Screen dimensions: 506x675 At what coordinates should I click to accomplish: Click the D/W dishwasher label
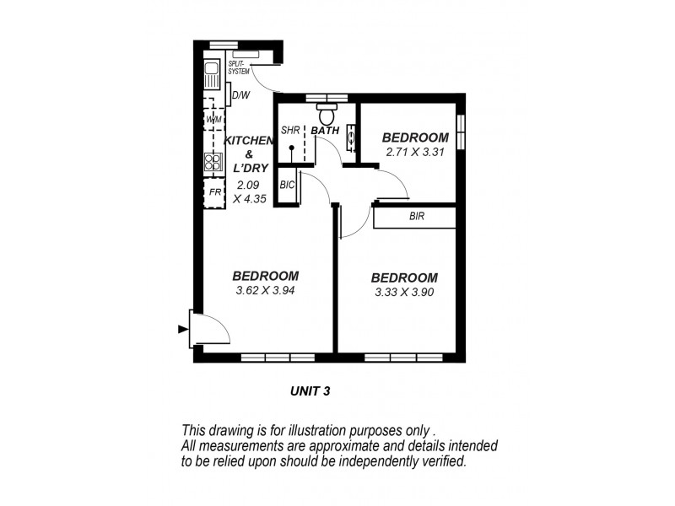coord(240,95)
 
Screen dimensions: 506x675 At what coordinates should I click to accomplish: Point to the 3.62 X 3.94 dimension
coord(266,291)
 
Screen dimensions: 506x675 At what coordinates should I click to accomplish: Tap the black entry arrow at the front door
coord(182,330)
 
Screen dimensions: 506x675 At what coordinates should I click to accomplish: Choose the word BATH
coord(325,131)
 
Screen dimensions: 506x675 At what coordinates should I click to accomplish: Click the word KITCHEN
coord(249,140)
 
